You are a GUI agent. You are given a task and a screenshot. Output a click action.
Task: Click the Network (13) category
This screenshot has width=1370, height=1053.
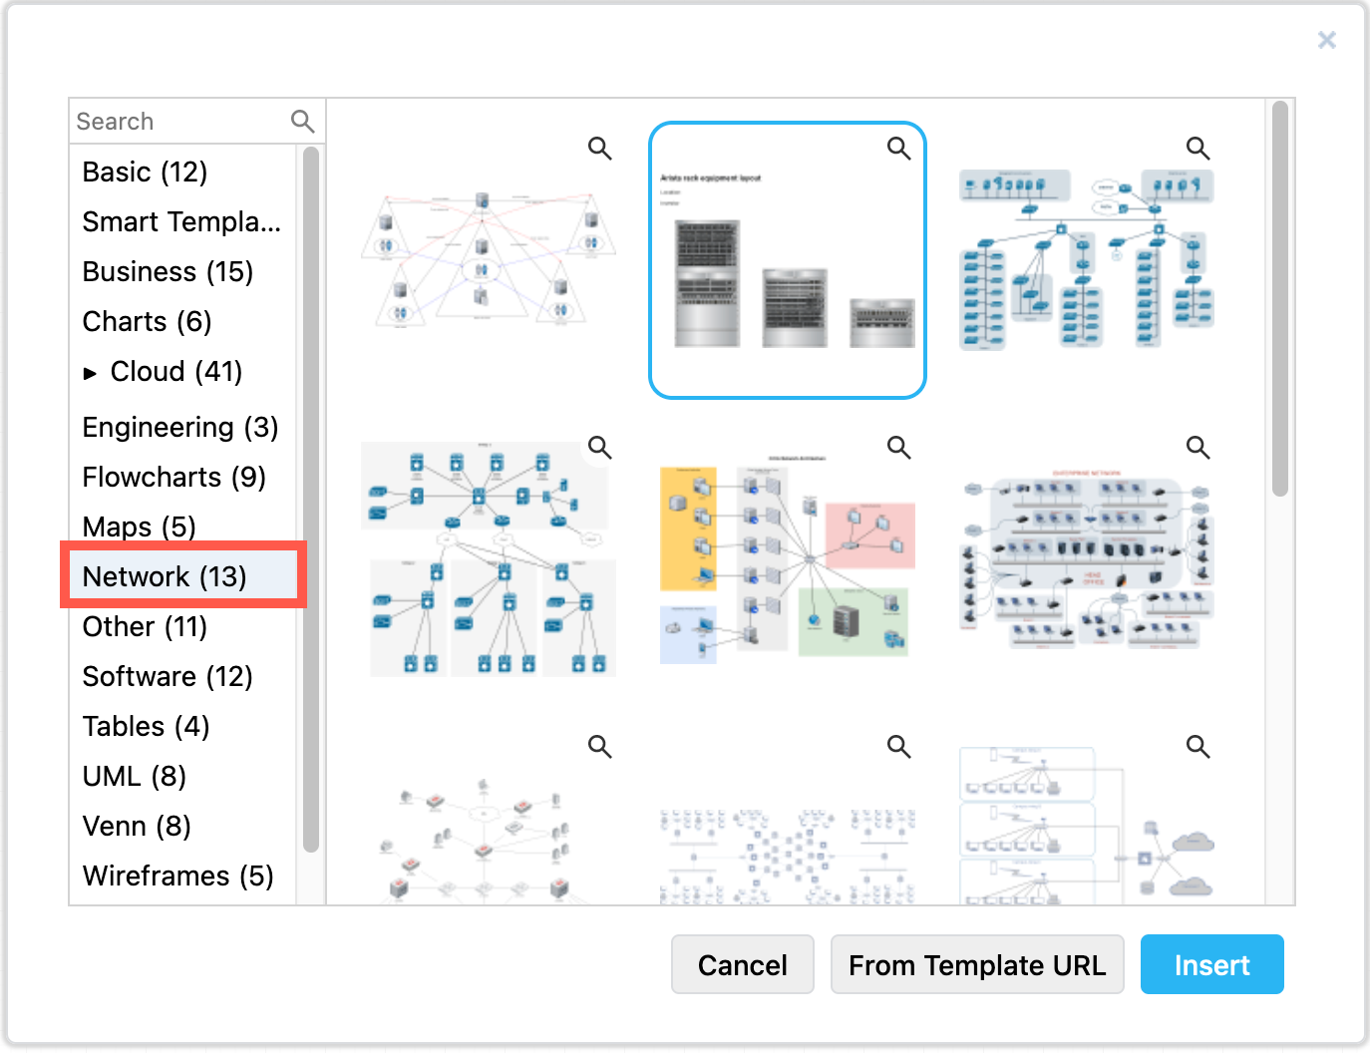pos(165,576)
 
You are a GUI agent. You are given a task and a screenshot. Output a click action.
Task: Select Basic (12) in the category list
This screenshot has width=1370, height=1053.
pos(145,172)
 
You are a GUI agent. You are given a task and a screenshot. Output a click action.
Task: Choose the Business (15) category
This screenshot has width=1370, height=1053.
pos(168,271)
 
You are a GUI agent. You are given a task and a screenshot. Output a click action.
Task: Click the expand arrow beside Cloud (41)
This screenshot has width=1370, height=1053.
pos(91,373)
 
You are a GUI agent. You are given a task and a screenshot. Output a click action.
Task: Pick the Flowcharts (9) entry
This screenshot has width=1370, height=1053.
pos(173,477)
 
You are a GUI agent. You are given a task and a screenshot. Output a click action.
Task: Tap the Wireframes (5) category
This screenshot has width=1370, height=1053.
pos(177,876)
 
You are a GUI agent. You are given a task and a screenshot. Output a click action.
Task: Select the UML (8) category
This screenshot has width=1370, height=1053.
pos(134,776)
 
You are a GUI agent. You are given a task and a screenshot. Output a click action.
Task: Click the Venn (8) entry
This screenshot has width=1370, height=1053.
pos(137,826)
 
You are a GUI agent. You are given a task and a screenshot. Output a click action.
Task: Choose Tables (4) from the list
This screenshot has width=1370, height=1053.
pos(146,726)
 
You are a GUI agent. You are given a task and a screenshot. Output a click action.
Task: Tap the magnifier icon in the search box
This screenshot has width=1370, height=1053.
pos(302,122)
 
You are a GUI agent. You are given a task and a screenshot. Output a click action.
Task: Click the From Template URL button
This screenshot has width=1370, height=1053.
pos(976,964)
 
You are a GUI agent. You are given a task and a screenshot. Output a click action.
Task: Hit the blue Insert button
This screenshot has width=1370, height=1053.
pos(1211,964)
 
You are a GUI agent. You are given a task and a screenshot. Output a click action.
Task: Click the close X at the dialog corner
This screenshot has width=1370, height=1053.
pos(1326,40)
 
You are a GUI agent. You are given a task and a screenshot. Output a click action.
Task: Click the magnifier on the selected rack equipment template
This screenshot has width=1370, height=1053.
pos(898,149)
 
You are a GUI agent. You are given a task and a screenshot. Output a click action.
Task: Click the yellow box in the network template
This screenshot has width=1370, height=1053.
pos(688,528)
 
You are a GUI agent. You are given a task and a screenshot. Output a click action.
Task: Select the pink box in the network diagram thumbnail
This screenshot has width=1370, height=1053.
pos(870,535)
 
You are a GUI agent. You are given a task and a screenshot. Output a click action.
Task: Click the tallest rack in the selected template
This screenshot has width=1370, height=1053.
pos(707,283)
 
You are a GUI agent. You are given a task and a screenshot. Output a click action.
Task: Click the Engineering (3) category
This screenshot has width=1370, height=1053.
pos(179,427)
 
